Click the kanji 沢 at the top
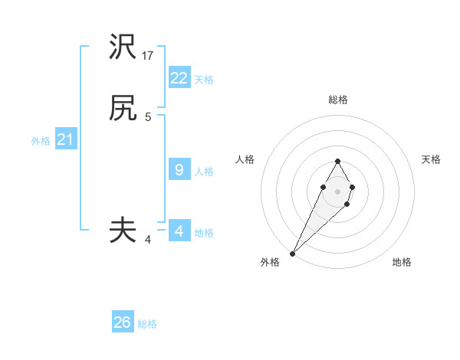coord(123,47)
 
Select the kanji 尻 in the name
coord(123,109)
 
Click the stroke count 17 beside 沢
coord(148,56)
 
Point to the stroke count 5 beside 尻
coord(148,117)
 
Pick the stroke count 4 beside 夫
coord(148,240)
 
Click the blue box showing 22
coord(179,77)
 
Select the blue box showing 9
coord(179,170)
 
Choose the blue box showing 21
coord(65,139)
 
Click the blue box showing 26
coord(123,322)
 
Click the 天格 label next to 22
coord(204,79)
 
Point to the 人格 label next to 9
coord(204,172)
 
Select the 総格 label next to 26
coord(147,324)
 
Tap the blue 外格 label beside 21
coord(41,141)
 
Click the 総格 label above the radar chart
coord(337,100)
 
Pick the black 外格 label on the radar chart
coord(270,262)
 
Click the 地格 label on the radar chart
coord(402,262)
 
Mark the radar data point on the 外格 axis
coord(292,253)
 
